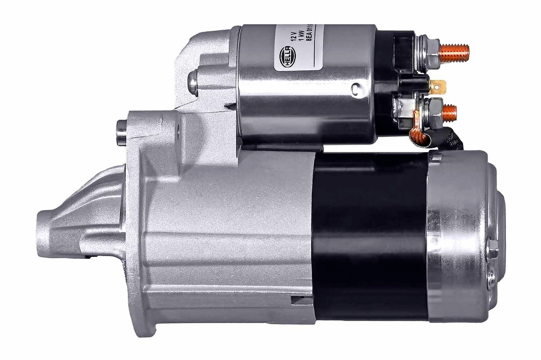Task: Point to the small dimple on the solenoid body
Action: click(356, 87)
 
